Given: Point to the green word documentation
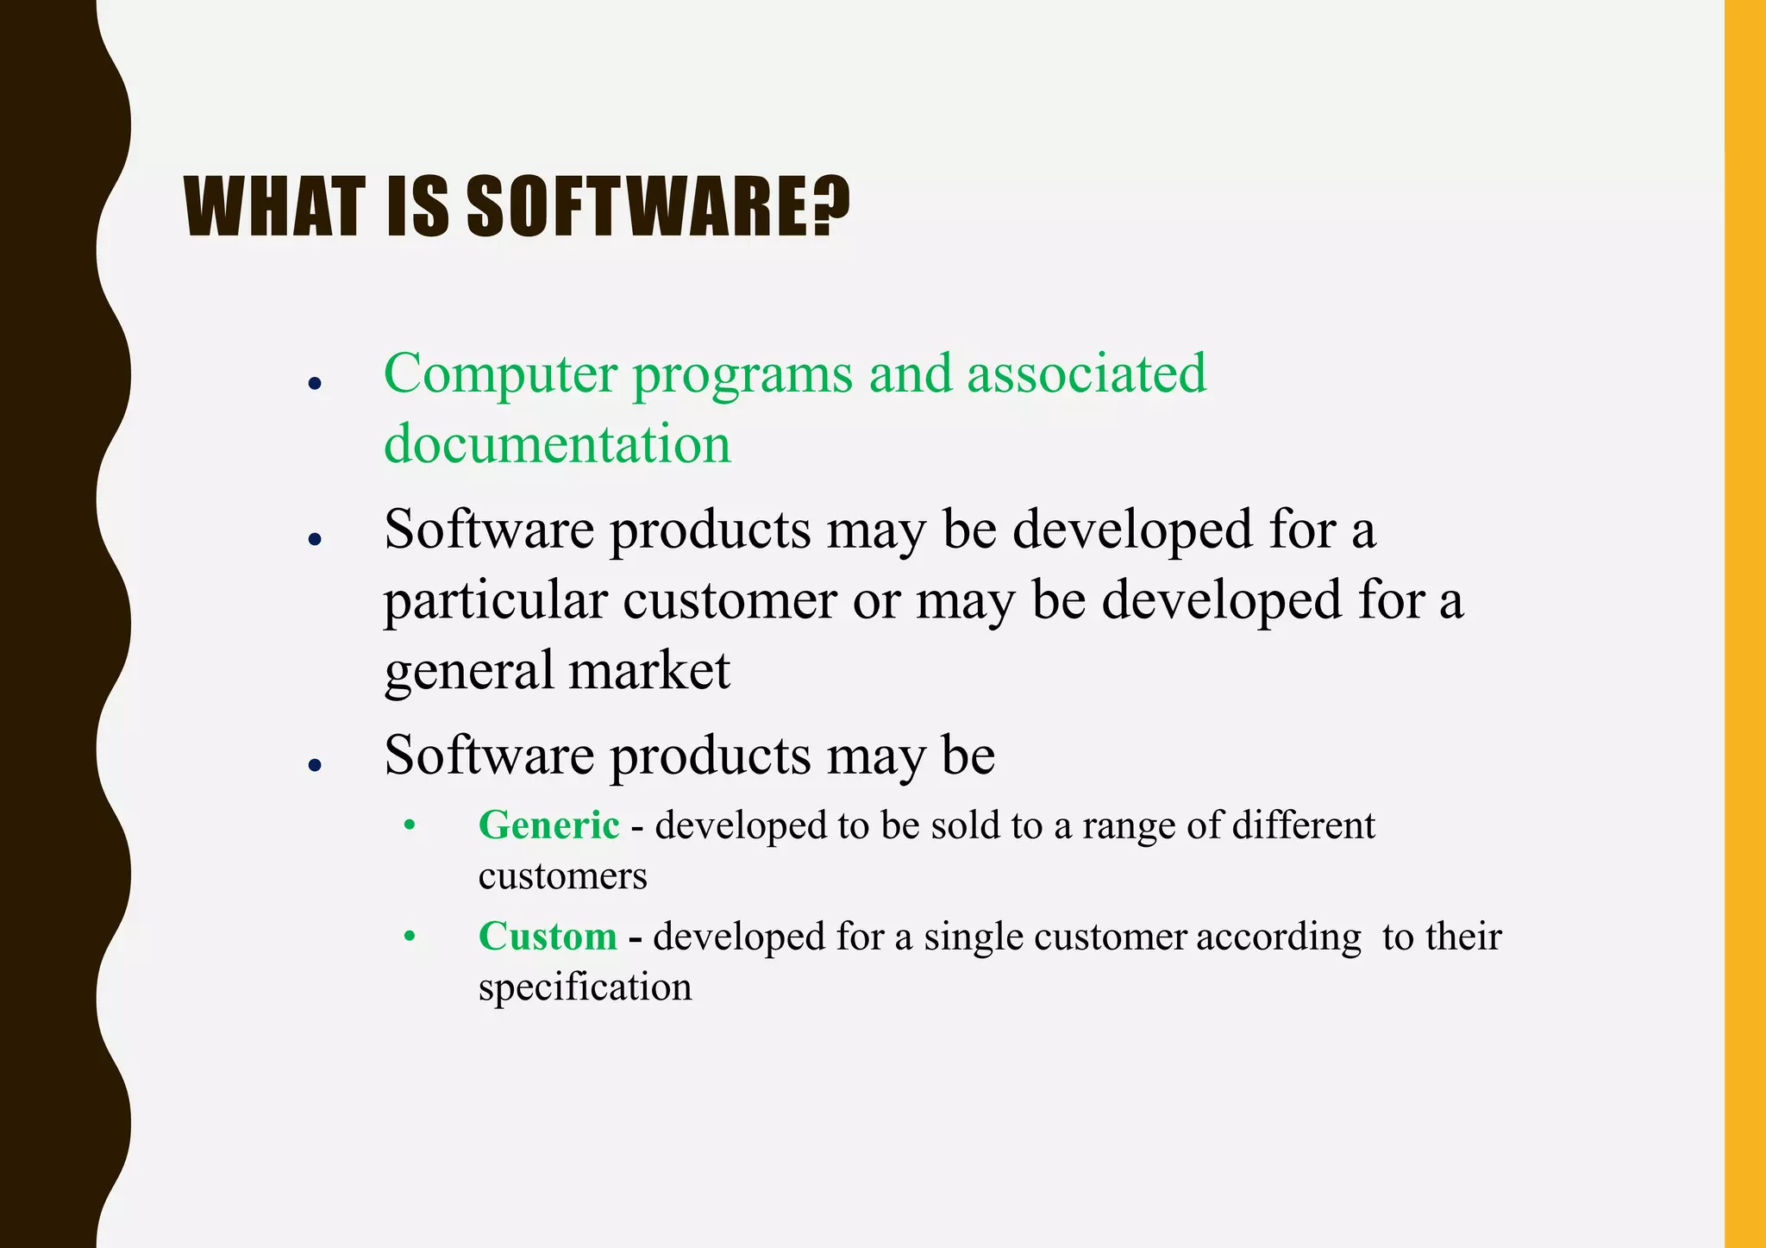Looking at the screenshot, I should [x=557, y=445].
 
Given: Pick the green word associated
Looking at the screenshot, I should [x=1086, y=374].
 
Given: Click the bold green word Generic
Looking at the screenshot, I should [x=548, y=825].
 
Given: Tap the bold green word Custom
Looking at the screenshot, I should [x=548, y=937].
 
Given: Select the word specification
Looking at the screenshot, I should [x=585, y=988].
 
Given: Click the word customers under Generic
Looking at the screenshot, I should [x=562, y=877].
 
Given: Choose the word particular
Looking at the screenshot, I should [x=495, y=601].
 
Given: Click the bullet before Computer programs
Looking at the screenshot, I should [x=315, y=384].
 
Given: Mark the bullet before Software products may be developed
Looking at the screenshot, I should [x=315, y=540].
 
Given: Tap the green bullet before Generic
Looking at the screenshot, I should [x=410, y=825].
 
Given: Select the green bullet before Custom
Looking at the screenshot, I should [x=410, y=936].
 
